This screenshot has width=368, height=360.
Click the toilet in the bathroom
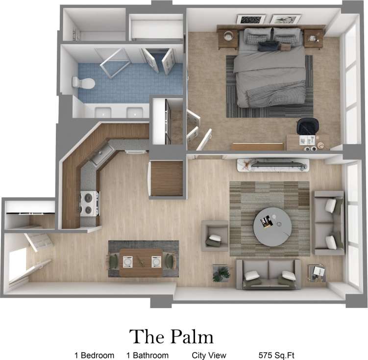[x=80, y=82]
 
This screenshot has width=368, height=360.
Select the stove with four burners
[x=89, y=203]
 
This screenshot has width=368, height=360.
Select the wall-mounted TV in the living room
[x=273, y=165]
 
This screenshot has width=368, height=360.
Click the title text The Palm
[x=172, y=337]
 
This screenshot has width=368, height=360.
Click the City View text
[x=209, y=355]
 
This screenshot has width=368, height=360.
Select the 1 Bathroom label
[x=147, y=355]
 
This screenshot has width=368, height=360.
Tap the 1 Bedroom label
[x=94, y=355]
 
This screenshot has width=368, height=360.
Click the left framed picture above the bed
[x=251, y=19]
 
